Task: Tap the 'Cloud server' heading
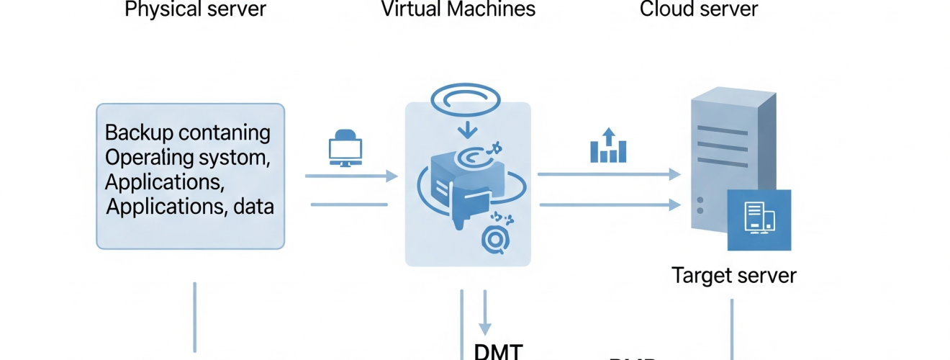click(x=698, y=9)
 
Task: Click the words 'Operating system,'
click(x=189, y=157)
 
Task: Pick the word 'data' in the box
click(x=253, y=207)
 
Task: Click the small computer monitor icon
click(x=345, y=148)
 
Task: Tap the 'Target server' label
click(x=733, y=275)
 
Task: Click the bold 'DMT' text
click(x=498, y=351)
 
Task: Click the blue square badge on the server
click(x=759, y=220)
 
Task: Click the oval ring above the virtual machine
click(x=469, y=99)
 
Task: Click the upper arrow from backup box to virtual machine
click(x=350, y=176)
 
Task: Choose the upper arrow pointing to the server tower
click(x=609, y=174)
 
